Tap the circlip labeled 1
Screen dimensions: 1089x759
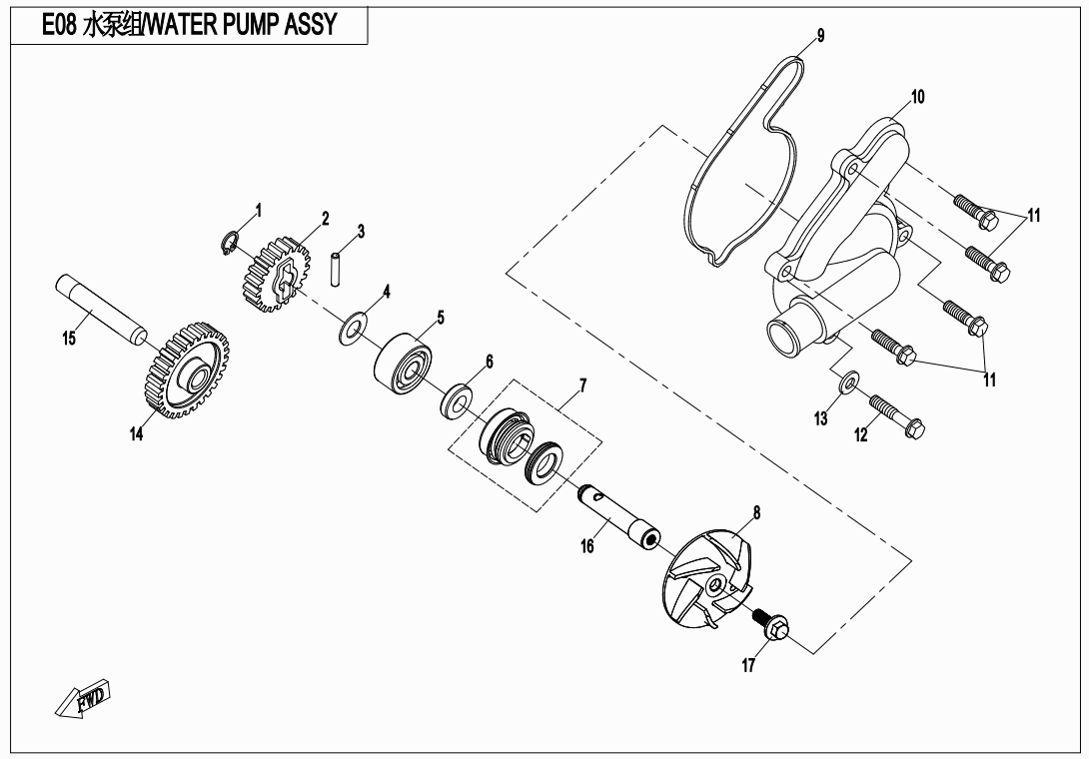pos(229,244)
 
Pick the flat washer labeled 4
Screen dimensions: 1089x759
pos(353,328)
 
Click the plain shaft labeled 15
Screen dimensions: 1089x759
pos(101,311)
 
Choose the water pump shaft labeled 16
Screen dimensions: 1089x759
pos(619,516)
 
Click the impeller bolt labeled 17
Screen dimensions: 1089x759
pos(770,623)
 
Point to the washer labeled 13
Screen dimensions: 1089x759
pos(848,381)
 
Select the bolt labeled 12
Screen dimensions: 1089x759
pos(896,414)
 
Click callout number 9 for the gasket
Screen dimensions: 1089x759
pos(820,36)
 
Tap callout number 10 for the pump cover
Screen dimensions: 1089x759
pos(917,97)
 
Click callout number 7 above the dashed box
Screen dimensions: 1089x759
pos(582,385)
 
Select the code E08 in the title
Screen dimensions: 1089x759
pos(59,25)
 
